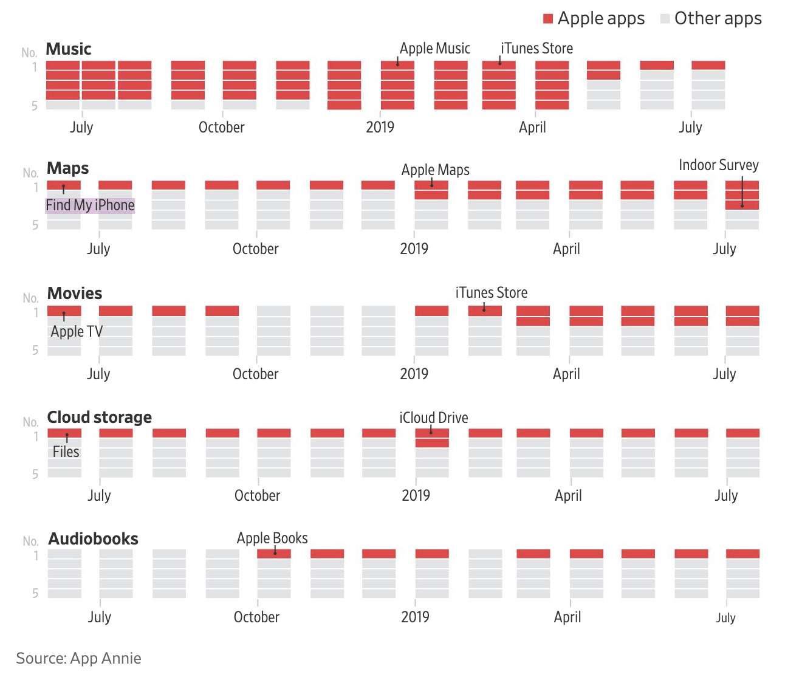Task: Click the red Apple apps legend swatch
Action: pyautogui.click(x=548, y=19)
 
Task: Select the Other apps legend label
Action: pyautogui.click(x=718, y=19)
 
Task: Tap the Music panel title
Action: pyautogui.click(x=69, y=49)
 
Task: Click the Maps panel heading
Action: pyautogui.click(x=68, y=168)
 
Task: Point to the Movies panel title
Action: pyautogui.click(x=75, y=294)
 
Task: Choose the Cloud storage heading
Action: pyautogui.click(x=100, y=418)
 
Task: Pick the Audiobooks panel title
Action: pyautogui.click(x=94, y=539)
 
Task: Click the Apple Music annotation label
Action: pyautogui.click(x=435, y=49)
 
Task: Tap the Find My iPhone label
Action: pyautogui.click(x=90, y=205)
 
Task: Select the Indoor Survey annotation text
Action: pyautogui.click(x=719, y=165)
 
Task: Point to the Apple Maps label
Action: pyautogui.click(x=436, y=170)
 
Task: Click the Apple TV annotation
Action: pyautogui.click(x=77, y=332)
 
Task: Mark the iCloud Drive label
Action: pyautogui.click(x=434, y=418)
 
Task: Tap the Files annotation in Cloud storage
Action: pyautogui.click(x=66, y=452)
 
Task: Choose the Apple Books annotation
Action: pyautogui.click(x=272, y=538)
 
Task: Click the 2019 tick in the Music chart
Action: pyautogui.click(x=380, y=128)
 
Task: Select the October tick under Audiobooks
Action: pyautogui.click(x=257, y=617)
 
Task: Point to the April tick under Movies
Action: pyautogui.click(x=566, y=374)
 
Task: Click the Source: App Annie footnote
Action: pyautogui.click(x=78, y=659)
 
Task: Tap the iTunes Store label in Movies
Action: pyautogui.click(x=492, y=293)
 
